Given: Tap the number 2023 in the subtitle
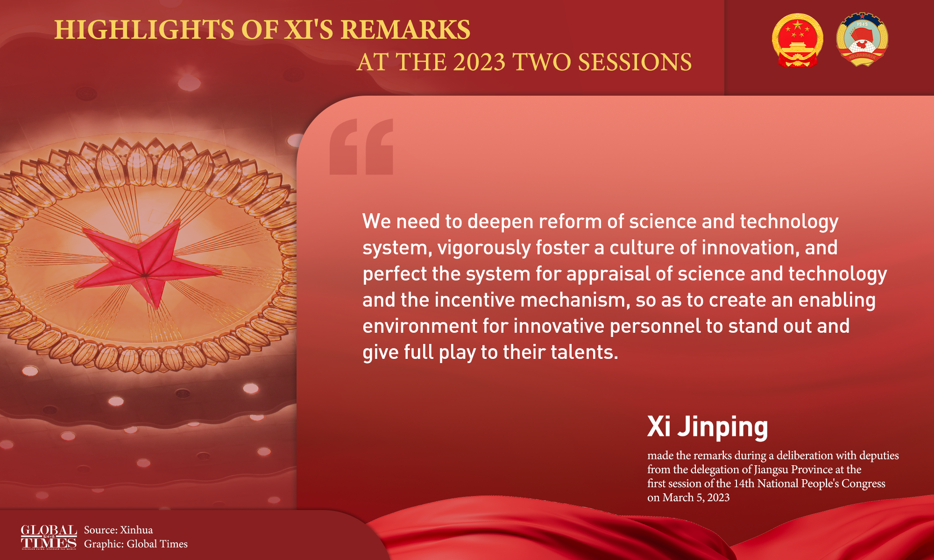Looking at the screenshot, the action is coord(479,62).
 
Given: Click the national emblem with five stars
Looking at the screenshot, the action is coord(797,40).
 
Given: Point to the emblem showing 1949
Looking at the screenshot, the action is coord(862,40).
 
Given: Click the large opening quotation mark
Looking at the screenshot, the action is coord(361,147).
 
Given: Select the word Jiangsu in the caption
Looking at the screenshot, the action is coord(771,469).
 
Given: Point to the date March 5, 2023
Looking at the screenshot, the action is coord(696,497).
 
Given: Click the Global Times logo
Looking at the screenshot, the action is coord(49,537).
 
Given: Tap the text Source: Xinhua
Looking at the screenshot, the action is coord(118,530).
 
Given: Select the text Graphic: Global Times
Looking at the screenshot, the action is coord(136,544).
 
